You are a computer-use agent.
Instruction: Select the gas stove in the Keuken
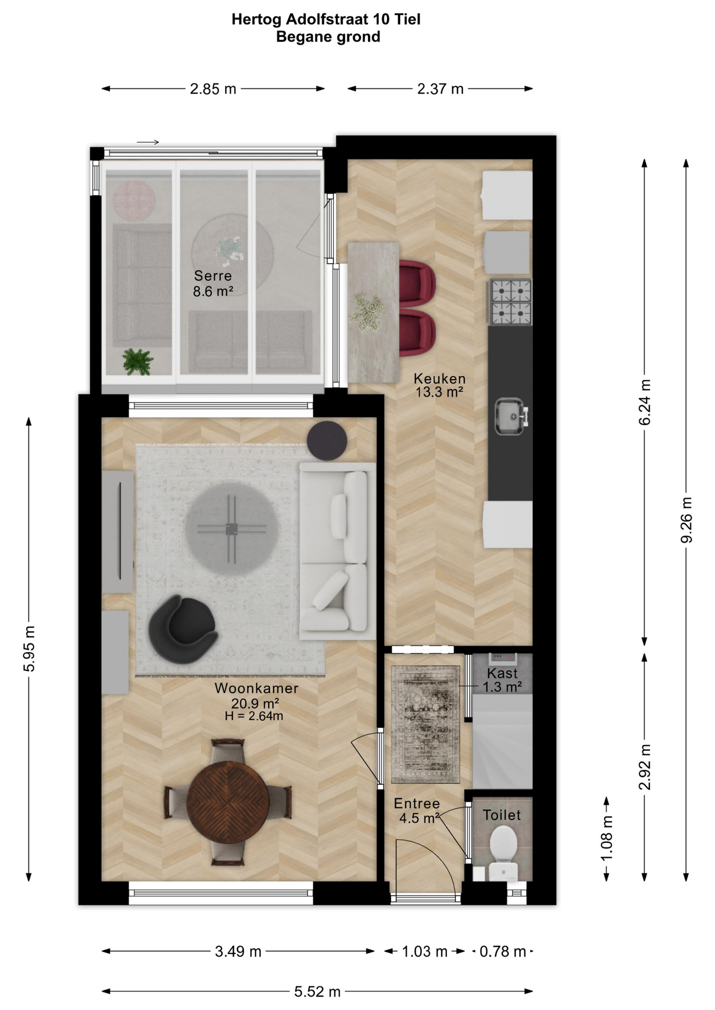point(511,302)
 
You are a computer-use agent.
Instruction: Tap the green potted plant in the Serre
point(137,361)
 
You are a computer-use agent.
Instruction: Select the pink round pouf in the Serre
point(134,200)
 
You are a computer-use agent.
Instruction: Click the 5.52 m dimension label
point(317,992)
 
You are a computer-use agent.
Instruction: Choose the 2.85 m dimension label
point(213,89)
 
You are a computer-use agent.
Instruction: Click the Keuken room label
point(440,378)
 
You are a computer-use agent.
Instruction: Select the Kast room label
point(502,673)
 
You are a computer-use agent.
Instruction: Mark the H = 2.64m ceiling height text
point(254,716)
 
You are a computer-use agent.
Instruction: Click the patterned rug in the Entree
point(425,724)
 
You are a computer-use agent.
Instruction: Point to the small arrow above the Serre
point(148,142)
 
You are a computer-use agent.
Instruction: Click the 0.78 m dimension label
point(503,951)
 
